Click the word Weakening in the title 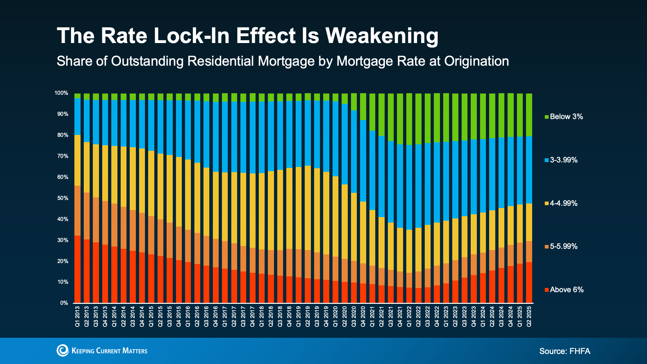click(382, 36)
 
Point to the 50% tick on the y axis click(63, 198)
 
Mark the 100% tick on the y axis click(61, 93)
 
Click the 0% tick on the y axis click(64, 303)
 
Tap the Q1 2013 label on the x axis click(78, 316)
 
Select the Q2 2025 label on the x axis click(529, 316)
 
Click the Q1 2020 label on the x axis click(335, 316)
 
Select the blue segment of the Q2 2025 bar click(529, 170)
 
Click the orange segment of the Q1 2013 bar click(78, 211)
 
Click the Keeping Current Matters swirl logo click(63, 350)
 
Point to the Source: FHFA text click(565, 351)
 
